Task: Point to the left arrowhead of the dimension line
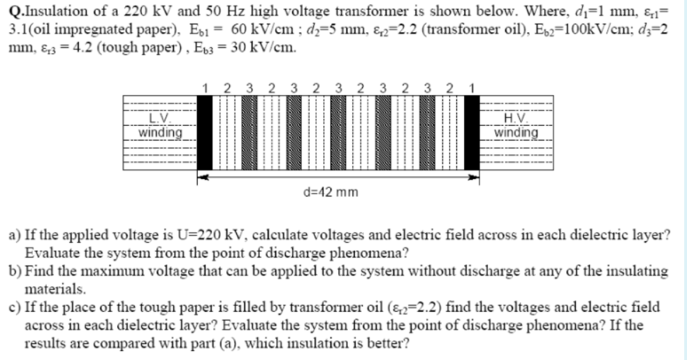201,177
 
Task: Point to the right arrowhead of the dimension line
477,177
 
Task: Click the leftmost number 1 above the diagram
204,88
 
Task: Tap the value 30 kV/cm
271,49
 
